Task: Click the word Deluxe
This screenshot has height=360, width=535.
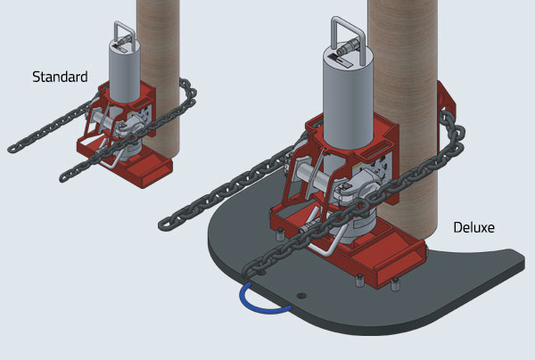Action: tap(473, 228)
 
